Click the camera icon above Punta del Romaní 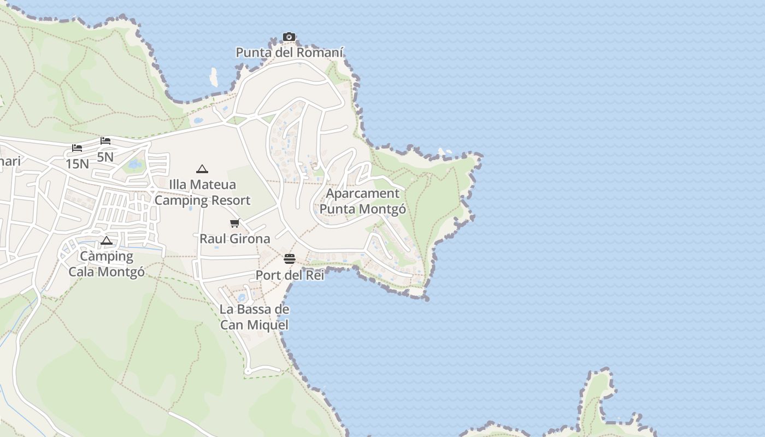click(289, 37)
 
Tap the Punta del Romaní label click(290, 52)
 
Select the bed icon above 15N click(77, 148)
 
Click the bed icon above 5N click(105, 141)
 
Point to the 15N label click(77, 163)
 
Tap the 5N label click(105, 157)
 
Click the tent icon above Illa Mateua click(202, 169)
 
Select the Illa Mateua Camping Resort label click(202, 192)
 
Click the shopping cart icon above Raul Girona click(235, 223)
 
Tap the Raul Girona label click(235, 239)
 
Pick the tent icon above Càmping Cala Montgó click(107, 240)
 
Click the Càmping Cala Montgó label click(107, 263)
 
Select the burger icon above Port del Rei click(290, 259)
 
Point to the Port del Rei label click(290, 275)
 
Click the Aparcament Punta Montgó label click(363, 201)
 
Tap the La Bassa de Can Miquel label click(254, 317)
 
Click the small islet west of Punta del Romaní click(213, 77)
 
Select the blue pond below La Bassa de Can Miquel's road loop click(242, 298)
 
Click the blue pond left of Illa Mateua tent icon click(134, 164)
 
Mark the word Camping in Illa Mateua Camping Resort click(179, 200)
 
